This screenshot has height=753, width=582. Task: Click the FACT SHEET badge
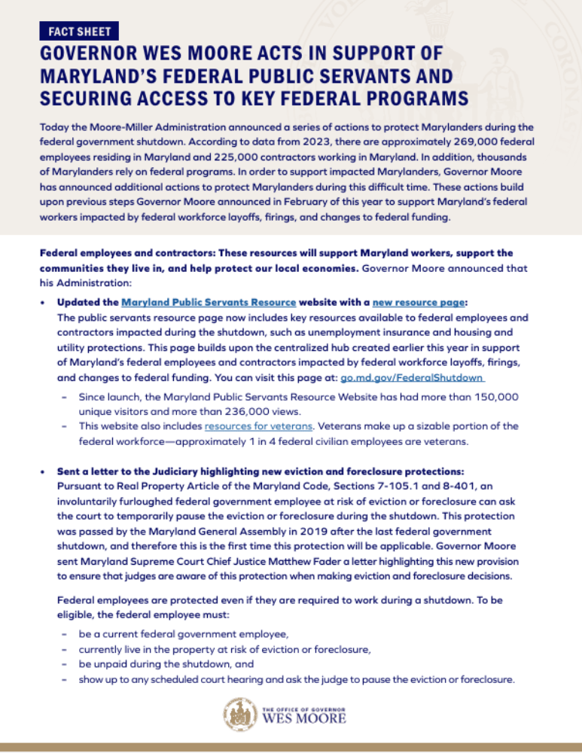tap(79, 31)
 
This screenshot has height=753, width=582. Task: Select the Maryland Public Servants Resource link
tap(209, 302)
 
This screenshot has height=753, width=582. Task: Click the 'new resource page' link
tap(422, 302)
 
